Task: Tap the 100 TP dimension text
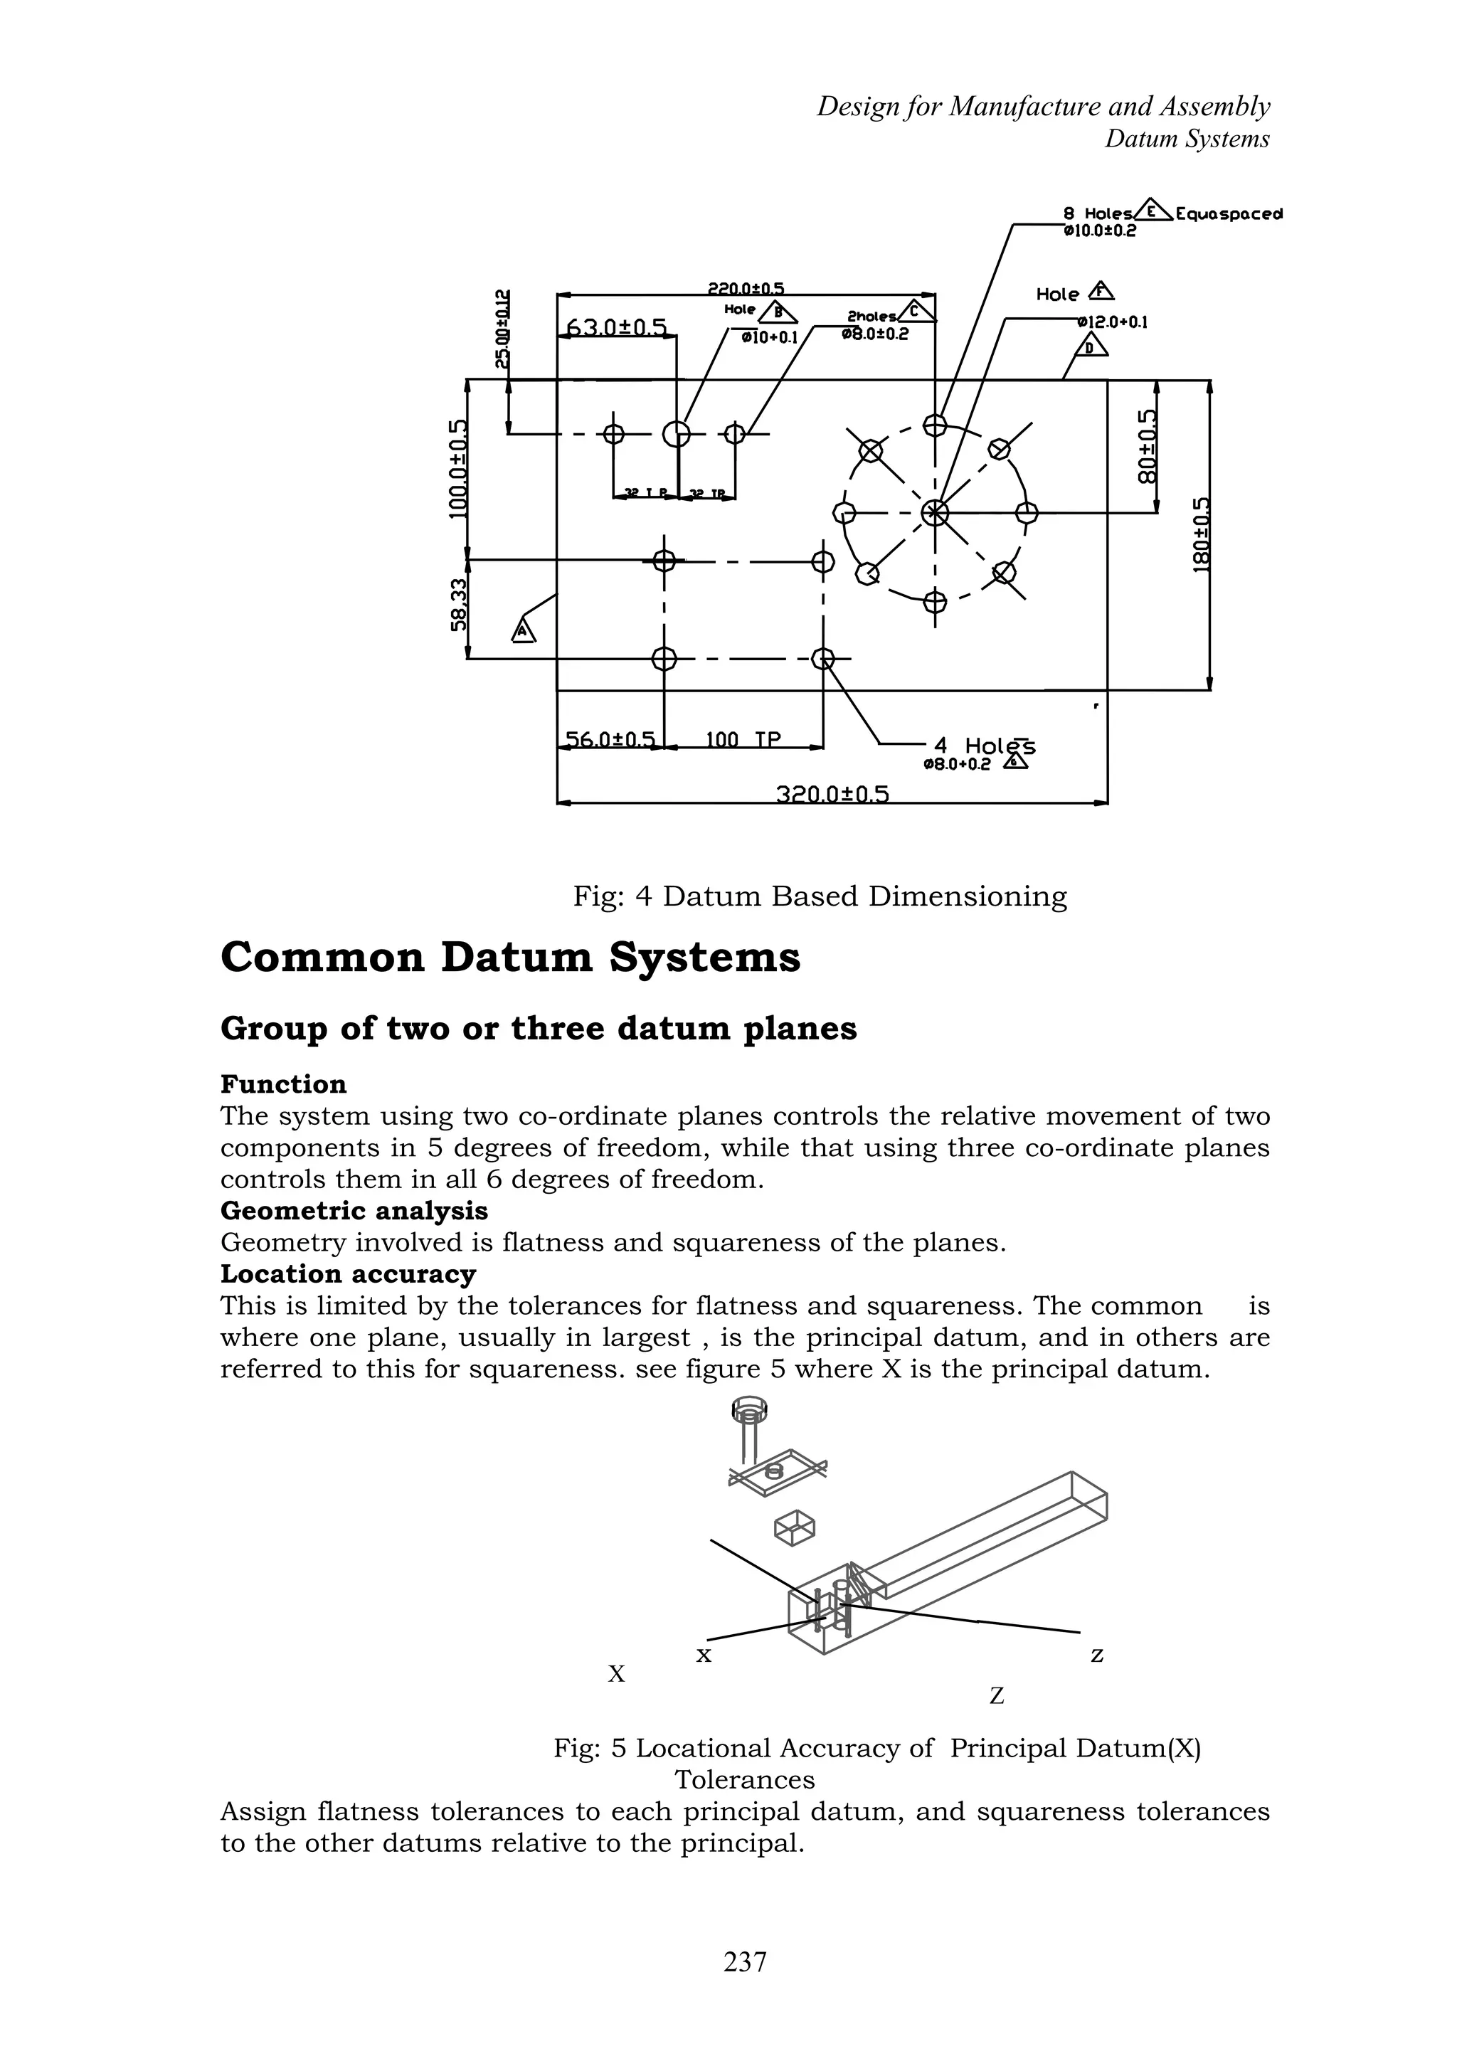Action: (x=743, y=740)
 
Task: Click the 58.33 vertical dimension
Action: (x=459, y=604)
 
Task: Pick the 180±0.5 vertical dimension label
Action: (x=1202, y=535)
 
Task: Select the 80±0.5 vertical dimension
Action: (x=1148, y=446)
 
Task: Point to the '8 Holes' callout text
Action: (x=1097, y=213)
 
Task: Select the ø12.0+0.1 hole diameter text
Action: (x=1113, y=322)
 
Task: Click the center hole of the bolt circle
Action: (x=935, y=512)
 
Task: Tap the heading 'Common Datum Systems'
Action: (x=510, y=957)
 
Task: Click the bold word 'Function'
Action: (x=282, y=1084)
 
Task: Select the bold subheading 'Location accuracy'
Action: (x=349, y=1273)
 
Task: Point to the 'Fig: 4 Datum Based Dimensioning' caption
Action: (x=820, y=896)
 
